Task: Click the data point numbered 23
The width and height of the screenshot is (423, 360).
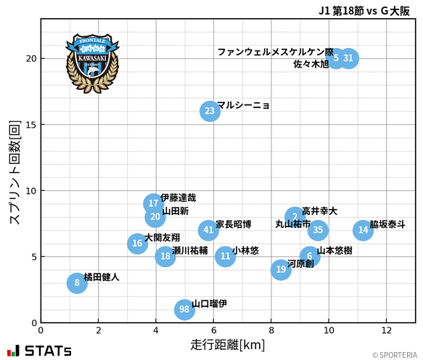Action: (x=210, y=111)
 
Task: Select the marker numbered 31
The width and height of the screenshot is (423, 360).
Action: (x=348, y=58)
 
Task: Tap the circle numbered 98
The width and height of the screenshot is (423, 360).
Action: (x=185, y=310)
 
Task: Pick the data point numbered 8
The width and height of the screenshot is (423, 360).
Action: (x=77, y=283)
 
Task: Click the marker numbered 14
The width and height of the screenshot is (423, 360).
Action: (x=364, y=230)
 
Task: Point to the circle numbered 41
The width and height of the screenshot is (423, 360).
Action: (x=209, y=230)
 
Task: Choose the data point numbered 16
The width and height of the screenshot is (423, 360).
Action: (x=137, y=243)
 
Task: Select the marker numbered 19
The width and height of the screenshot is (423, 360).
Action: (x=281, y=269)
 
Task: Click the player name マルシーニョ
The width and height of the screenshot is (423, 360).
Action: (x=243, y=105)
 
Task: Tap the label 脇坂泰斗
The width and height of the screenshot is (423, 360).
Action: (x=387, y=224)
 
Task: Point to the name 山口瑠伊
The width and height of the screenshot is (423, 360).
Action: (x=210, y=303)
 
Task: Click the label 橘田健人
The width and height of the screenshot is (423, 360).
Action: (x=102, y=277)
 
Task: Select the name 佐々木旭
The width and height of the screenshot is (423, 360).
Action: (x=311, y=64)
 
